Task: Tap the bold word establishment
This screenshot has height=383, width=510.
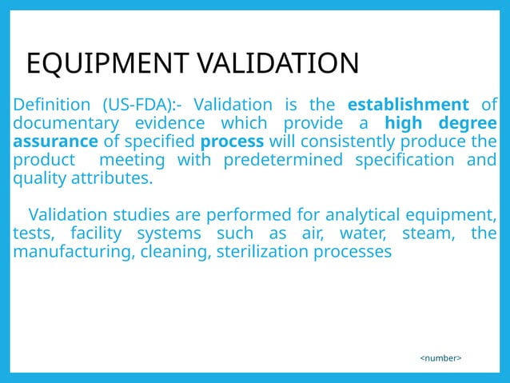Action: [408, 105]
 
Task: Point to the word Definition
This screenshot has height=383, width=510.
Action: [52, 105]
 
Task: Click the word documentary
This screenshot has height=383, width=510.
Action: [62, 123]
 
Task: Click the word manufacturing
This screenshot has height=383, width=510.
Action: [63, 252]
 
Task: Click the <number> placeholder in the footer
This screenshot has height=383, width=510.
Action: [441, 359]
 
